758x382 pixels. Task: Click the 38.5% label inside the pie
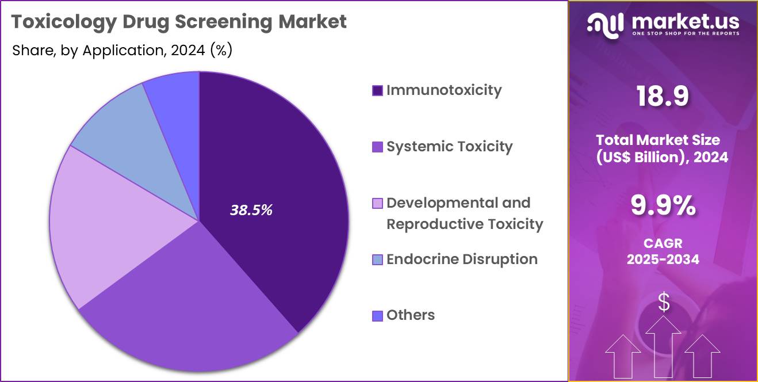(x=251, y=211)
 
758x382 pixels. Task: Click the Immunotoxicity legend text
(x=443, y=90)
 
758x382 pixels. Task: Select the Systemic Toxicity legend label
(x=449, y=147)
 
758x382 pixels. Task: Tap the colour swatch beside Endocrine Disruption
(x=377, y=260)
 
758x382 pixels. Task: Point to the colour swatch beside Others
(x=377, y=316)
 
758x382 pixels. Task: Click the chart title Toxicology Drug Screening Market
(x=179, y=22)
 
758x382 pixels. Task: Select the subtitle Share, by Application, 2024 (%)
(x=122, y=51)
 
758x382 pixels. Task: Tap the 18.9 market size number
(x=663, y=97)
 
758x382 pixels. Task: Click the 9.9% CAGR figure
(x=663, y=206)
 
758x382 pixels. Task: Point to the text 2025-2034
(x=663, y=259)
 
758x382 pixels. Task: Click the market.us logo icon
(x=605, y=23)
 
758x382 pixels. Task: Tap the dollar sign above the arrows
(x=664, y=302)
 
